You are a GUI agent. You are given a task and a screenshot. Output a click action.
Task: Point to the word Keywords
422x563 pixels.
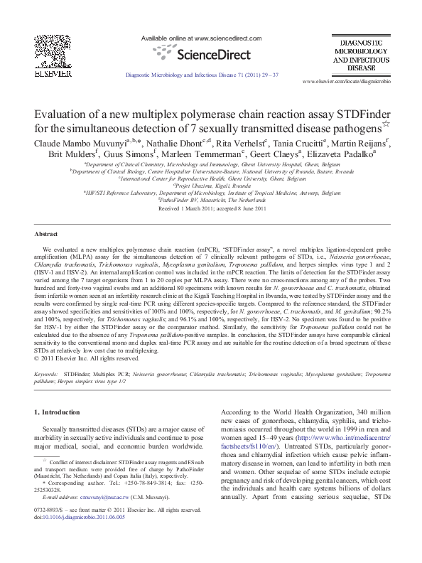(x=45, y=352)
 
